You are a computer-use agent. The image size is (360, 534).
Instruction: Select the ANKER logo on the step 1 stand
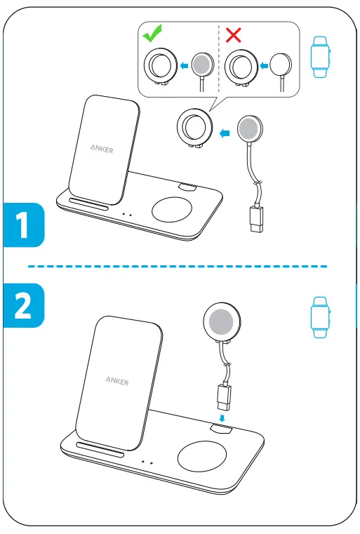[x=101, y=149]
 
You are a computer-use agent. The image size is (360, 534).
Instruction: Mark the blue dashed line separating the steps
[x=179, y=267]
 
